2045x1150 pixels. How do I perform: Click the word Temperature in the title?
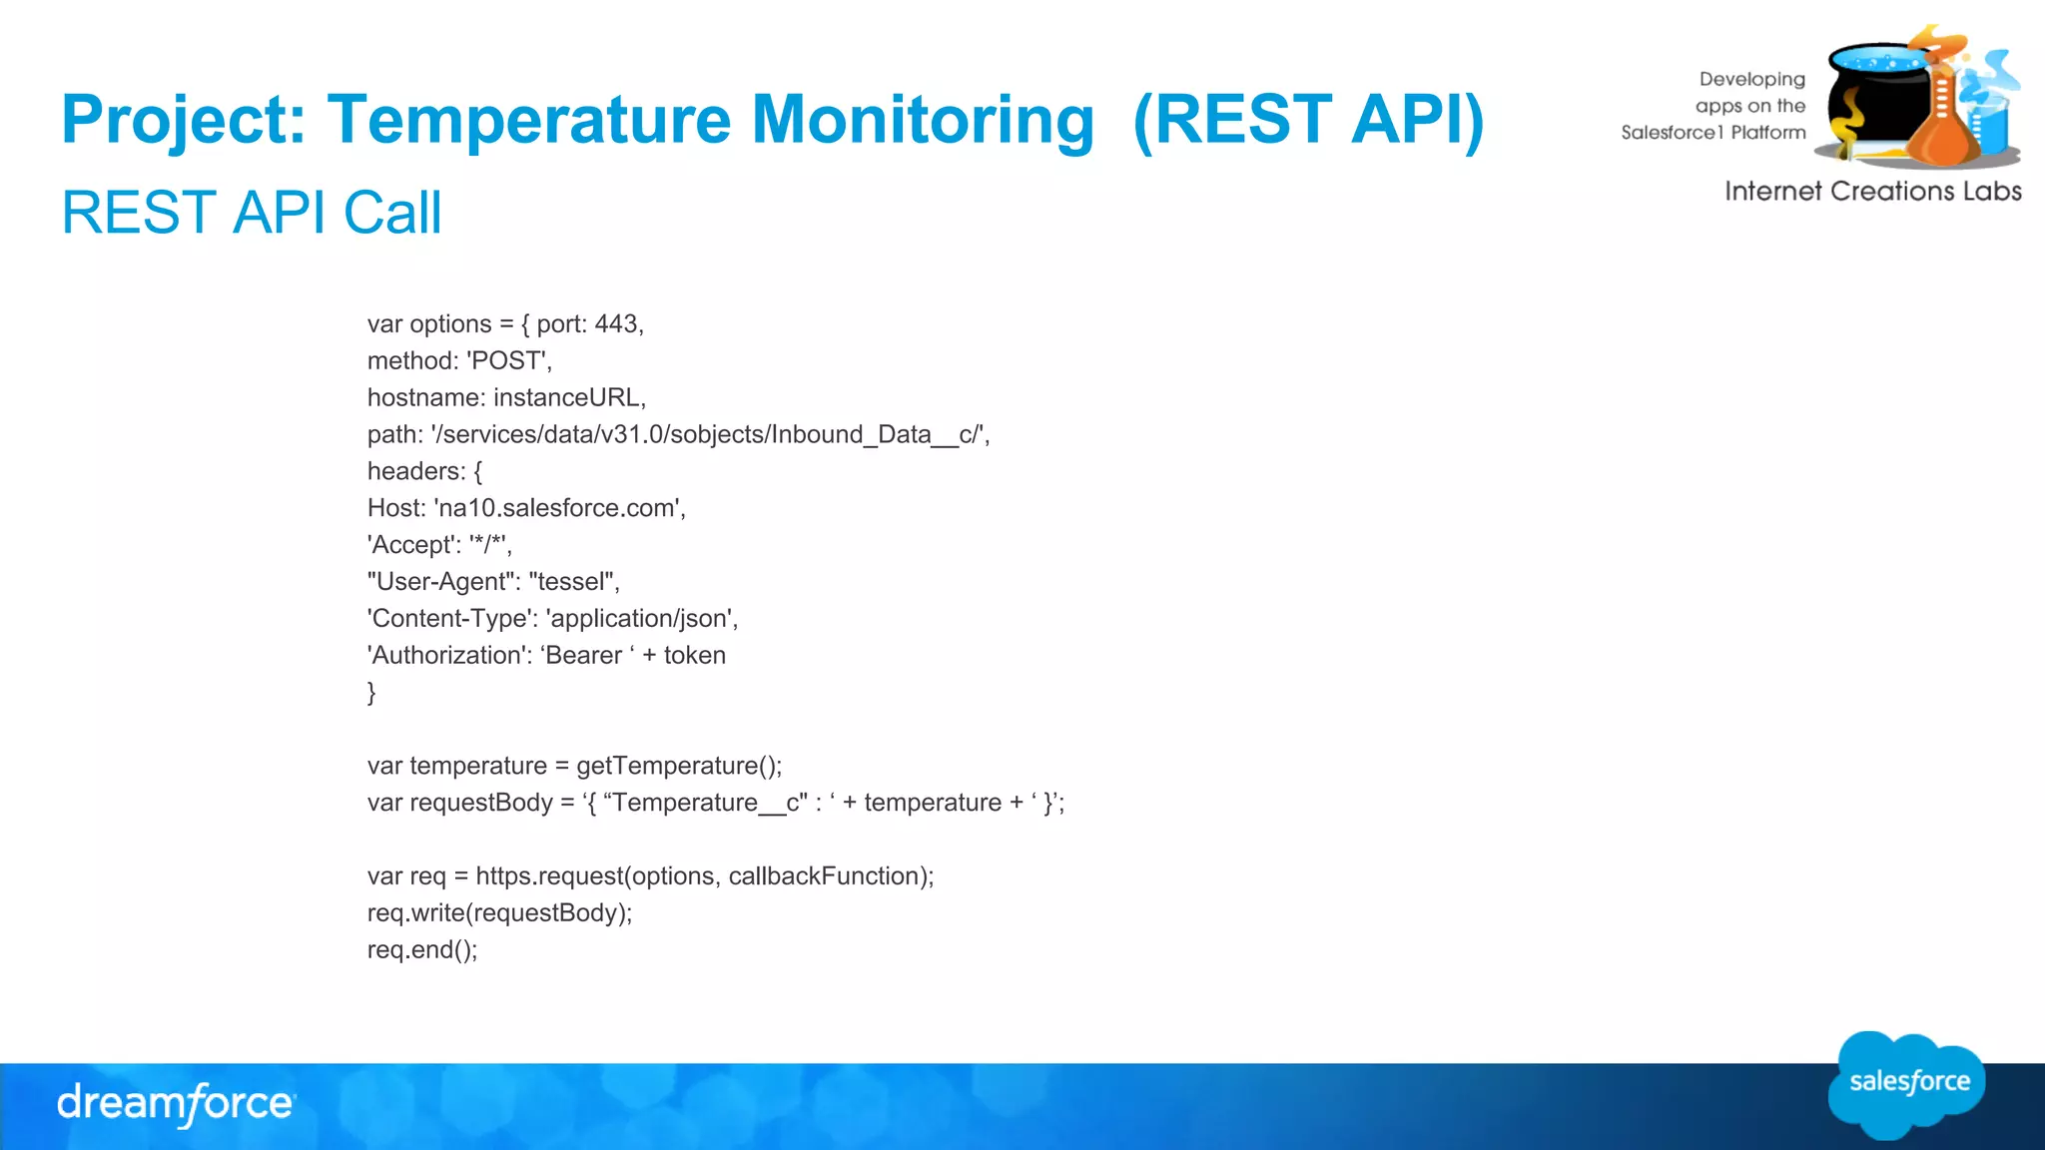pyautogui.click(x=529, y=120)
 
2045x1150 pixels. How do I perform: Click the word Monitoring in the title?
pyautogui.click(x=923, y=120)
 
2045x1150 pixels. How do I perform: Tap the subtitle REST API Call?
pyautogui.click(x=252, y=213)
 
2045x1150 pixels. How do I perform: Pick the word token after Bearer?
pyautogui.click(x=694, y=656)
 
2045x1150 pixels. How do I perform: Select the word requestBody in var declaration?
pyautogui.click(x=481, y=803)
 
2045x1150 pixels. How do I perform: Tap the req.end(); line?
pyautogui.click(x=422, y=950)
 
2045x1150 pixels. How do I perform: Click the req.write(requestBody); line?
pyautogui.click(x=499, y=913)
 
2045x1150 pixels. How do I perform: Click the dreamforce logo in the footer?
pyautogui.click(x=176, y=1104)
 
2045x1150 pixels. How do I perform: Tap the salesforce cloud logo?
pyautogui.click(x=1907, y=1084)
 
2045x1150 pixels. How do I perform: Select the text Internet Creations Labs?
pyautogui.click(x=1872, y=192)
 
